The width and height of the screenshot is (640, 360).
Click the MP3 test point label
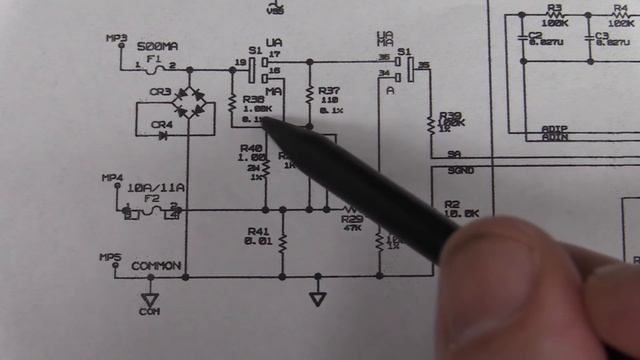point(117,38)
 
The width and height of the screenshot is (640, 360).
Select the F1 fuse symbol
point(155,67)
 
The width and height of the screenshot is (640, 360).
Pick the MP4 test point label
point(112,178)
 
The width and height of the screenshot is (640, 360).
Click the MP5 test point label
point(111,257)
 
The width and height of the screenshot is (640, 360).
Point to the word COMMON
point(157,266)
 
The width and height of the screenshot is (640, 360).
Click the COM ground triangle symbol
point(150,299)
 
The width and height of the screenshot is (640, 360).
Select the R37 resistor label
point(331,90)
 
